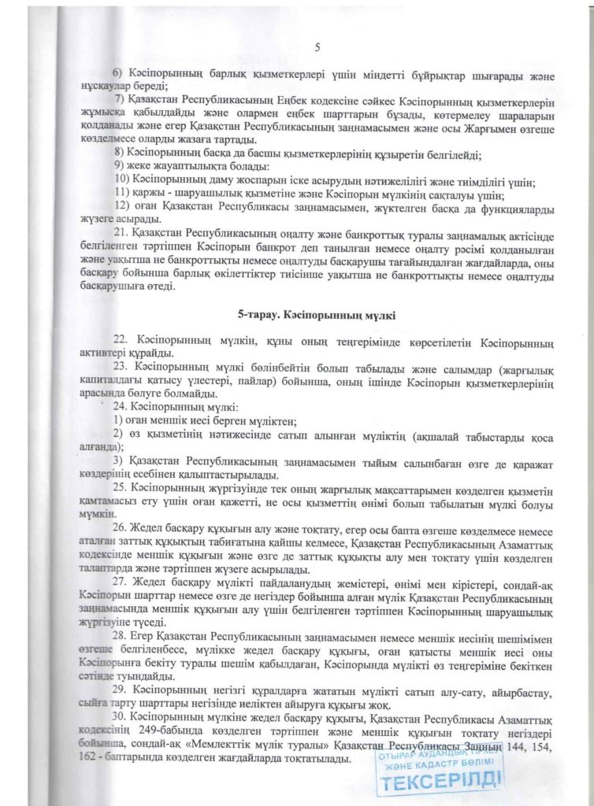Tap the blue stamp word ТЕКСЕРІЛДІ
tap(441, 784)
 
